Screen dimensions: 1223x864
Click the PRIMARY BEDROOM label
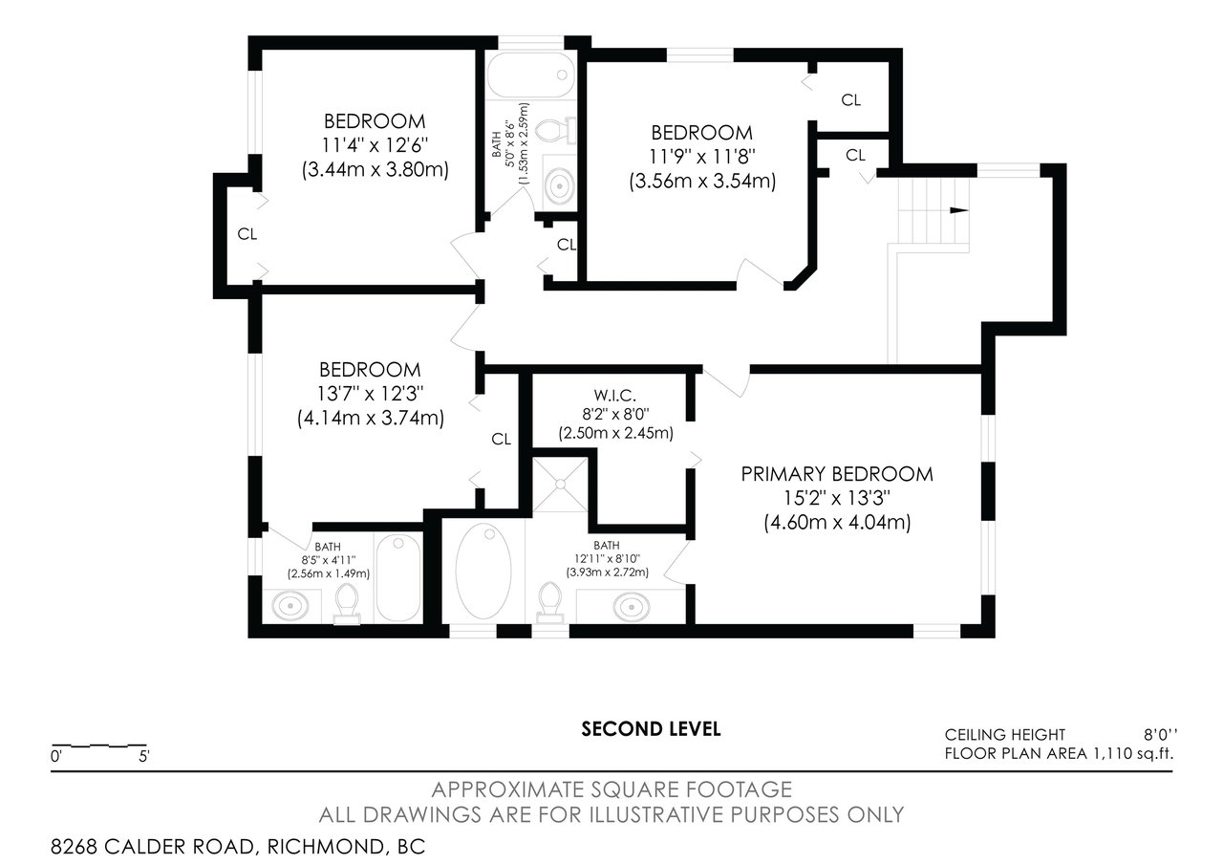pyautogui.click(x=836, y=474)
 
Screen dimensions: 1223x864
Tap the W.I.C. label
pyautogui.click(x=614, y=395)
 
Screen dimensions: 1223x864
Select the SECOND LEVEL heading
pyautogui.click(x=651, y=729)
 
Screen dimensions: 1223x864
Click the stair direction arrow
pyautogui.click(x=958, y=211)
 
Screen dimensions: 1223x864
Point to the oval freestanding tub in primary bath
pyautogui.click(x=483, y=572)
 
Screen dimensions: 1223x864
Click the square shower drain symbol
pyautogui.click(x=560, y=484)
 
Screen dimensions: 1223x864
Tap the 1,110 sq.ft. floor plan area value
pyautogui.click(x=1132, y=754)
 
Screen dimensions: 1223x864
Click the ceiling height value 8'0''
pyautogui.click(x=1161, y=735)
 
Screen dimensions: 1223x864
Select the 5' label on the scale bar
pyautogui.click(x=144, y=757)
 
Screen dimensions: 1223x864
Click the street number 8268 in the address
pyautogui.click(x=74, y=847)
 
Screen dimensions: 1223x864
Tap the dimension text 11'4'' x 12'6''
pyautogui.click(x=375, y=146)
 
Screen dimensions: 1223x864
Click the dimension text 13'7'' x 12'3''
pyautogui.click(x=370, y=394)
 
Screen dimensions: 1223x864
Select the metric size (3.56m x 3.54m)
pyautogui.click(x=702, y=181)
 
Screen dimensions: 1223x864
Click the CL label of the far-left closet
pyautogui.click(x=247, y=234)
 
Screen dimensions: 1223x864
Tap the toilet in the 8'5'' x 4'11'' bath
pyautogui.click(x=346, y=604)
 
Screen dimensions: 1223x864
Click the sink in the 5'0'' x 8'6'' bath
pyautogui.click(x=560, y=185)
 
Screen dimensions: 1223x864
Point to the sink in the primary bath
pyautogui.click(x=632, y=607)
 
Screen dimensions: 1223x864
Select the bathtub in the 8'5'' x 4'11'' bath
pyautogui.click(x=398, y=578)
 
